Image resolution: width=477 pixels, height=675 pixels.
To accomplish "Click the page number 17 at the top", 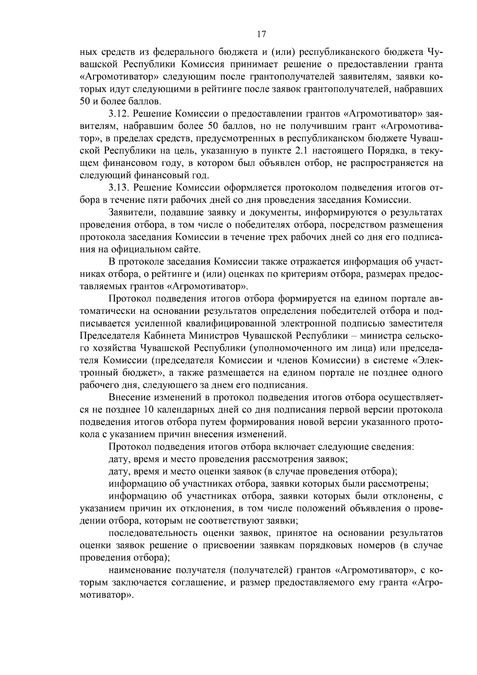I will click(x=261, y=34).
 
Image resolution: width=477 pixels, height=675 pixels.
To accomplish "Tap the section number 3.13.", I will click(x=118, y=188).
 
